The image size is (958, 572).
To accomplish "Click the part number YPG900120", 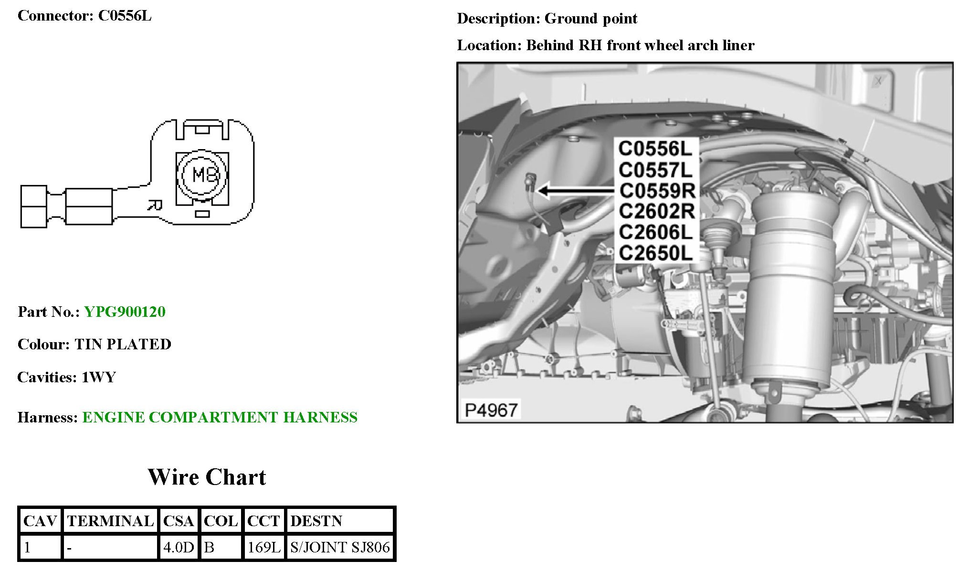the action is point(125,312).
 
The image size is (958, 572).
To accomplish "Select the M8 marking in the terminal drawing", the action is point(204,175).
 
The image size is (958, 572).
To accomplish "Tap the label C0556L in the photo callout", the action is point(655,149).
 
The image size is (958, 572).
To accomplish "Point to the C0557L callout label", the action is point(655,170).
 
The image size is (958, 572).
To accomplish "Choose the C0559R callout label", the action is point(657,191).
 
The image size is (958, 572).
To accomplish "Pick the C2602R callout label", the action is point(656,211).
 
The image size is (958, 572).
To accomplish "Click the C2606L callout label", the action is point(655,232).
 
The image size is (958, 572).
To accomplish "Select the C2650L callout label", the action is point(655,253).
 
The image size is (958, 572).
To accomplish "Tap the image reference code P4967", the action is point(491,410).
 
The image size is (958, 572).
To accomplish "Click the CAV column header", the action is point(40,520).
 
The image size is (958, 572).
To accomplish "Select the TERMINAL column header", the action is point(110,520).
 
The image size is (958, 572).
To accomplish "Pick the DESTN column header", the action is point(316,520).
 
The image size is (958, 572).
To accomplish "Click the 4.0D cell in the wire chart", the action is point(179,547).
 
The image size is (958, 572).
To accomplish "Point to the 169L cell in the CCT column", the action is point(263,547).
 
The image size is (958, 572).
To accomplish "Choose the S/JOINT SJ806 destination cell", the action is point(340,547).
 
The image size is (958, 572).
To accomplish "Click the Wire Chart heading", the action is point(207,477).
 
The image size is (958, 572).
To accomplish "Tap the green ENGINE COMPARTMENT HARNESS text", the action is point(220,417).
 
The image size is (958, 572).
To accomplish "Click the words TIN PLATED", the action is point(123,344).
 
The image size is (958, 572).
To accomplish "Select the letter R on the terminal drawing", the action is point(154,206).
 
